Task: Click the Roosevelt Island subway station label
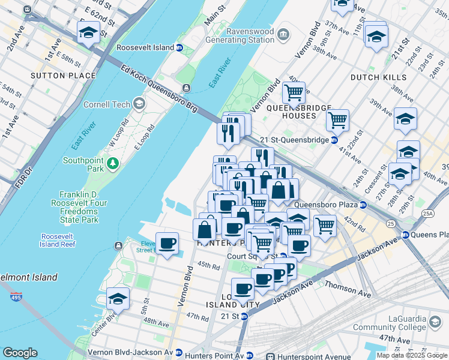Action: coord(145,47)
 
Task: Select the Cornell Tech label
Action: coord(113,104)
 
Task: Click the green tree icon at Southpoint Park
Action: coord(112,163)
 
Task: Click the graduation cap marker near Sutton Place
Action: coord(88,34)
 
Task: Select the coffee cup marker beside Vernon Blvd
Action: coord(167,243)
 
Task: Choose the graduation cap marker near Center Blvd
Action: coord(118,298)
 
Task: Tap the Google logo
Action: coord(20,353)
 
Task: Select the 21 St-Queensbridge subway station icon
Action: coord(334,140)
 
